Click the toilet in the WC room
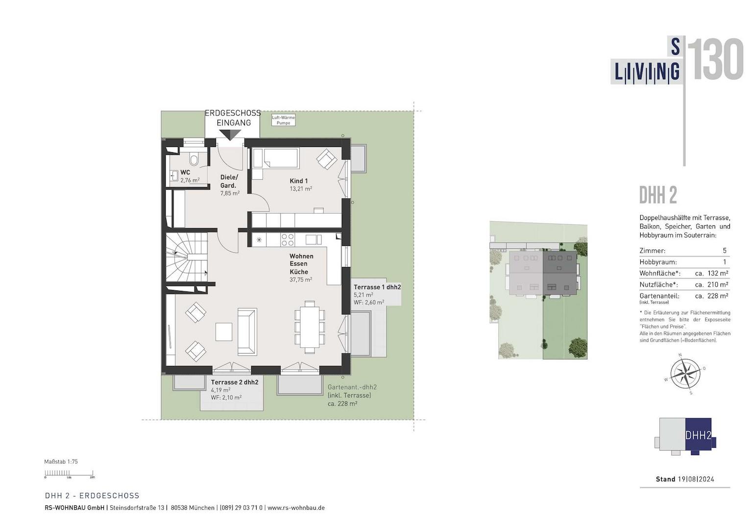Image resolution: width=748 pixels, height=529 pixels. click(x=193, y=159)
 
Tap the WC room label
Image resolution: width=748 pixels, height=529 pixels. click(x=185, y=172)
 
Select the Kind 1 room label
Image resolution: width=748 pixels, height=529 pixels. click(x=298, y=181)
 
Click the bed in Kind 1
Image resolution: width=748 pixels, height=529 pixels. click(x=275, y=158)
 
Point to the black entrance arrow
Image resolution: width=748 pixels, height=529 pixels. click(x=230, y=134)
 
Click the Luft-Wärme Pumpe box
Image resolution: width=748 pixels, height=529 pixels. click(x=283, y=120)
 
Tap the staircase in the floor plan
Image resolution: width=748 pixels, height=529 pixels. click(x=187, y=258)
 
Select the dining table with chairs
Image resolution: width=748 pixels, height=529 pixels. click(x=310, y=327)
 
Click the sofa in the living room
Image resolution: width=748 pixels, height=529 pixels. click(x=247, y=332)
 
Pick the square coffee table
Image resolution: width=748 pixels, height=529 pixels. click(x=224, y=332)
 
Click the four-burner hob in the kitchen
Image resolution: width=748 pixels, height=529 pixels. click(x=288, y=240)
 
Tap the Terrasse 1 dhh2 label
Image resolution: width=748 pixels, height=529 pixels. click(x=377, y=287)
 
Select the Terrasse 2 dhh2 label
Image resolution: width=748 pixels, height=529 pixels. click(x=235, y=382)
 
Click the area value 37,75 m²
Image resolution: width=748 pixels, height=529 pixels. click(x=301, y=280)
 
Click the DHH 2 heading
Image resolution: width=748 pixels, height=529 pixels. click(x=658, y=195)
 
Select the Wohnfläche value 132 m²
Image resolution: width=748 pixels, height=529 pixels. click(x=718, y=273)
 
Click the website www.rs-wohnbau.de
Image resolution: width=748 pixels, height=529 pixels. click(x=296, y=507)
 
